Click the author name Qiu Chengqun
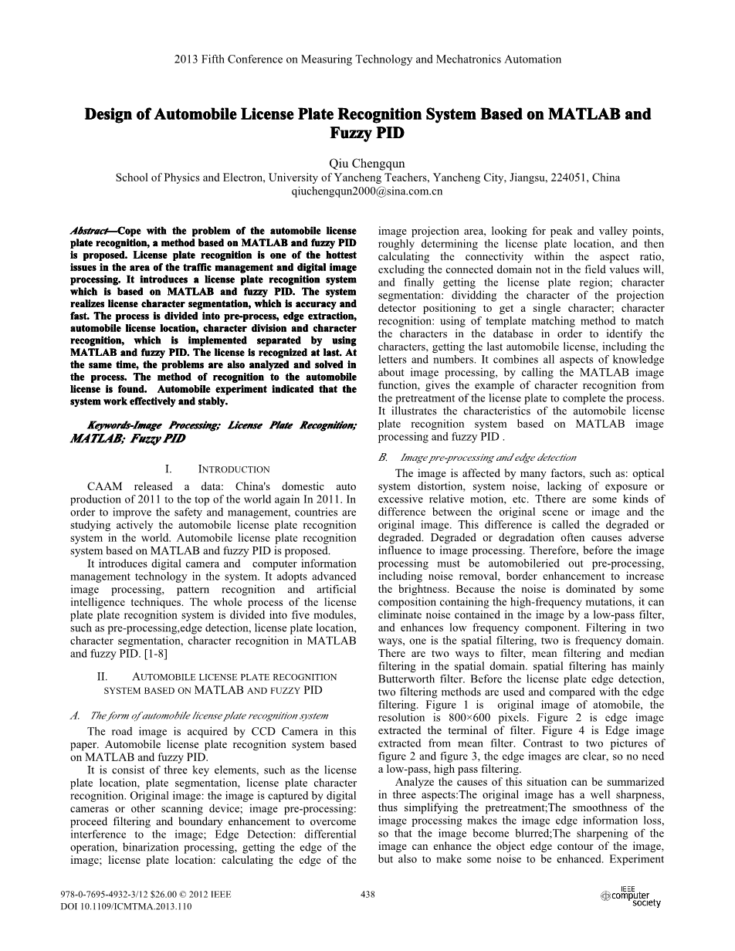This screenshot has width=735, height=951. pos(367,163)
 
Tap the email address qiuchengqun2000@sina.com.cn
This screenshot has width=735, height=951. pos(367,191)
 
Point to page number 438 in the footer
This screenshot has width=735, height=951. pos(367,895)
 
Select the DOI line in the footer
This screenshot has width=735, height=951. pos(126,907)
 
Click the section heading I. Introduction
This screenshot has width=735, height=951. pos(217,469)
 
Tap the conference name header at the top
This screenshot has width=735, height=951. pos(367,59)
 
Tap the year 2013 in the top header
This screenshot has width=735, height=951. pos(187,59)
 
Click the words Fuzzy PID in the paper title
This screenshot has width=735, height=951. pos(367,133)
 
